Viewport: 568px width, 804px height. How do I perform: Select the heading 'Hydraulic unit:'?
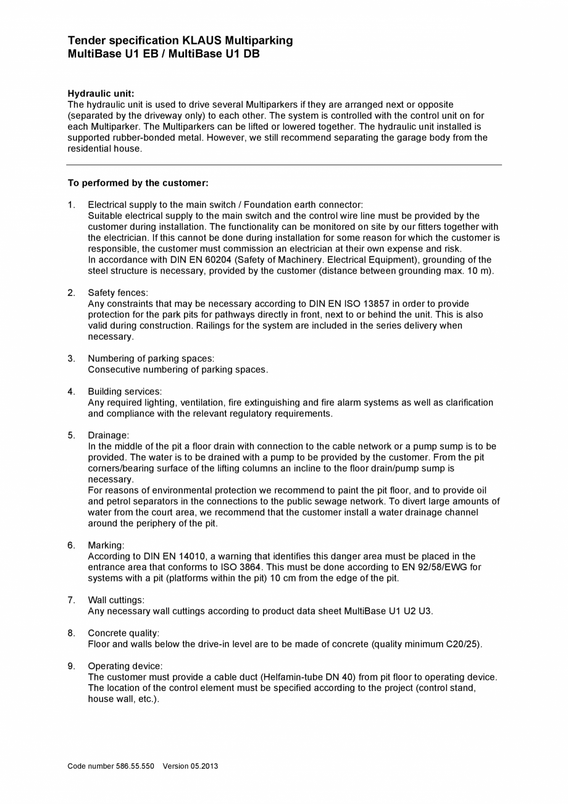101,93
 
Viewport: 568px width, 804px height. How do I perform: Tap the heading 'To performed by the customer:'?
138,183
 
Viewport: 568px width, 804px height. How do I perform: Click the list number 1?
71,205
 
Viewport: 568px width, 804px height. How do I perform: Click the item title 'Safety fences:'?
117,292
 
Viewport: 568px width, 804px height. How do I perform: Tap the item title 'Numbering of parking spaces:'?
151,358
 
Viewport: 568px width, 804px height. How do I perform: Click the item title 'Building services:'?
124,391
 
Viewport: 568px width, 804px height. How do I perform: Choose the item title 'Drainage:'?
108,435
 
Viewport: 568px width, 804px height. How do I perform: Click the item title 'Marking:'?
106,545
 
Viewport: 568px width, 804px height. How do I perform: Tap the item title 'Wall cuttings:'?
116,600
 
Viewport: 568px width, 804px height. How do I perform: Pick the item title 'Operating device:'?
125,666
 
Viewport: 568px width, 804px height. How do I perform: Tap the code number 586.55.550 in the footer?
135,766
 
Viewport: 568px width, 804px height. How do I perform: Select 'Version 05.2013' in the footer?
190,766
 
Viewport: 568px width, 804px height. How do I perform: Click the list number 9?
71,666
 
